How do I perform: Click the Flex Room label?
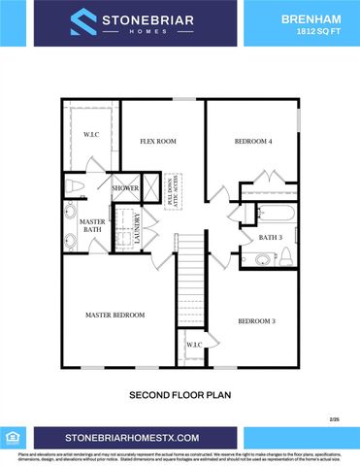[x=157, y=142]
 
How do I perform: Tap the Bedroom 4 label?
[x=253, y=142]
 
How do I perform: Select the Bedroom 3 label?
[x=257, y=320]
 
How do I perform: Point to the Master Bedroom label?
[x=115, y=315]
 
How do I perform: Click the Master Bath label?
[x=92, y=225]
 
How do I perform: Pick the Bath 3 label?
[x=271, y=237]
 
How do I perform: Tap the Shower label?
[x=126, y=187]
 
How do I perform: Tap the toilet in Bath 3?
[x=254, y=258]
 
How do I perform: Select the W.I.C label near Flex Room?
[x=92, y=135]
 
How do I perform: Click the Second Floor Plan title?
[x=179, y=396]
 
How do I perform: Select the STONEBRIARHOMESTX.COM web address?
[x=132, y=439]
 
